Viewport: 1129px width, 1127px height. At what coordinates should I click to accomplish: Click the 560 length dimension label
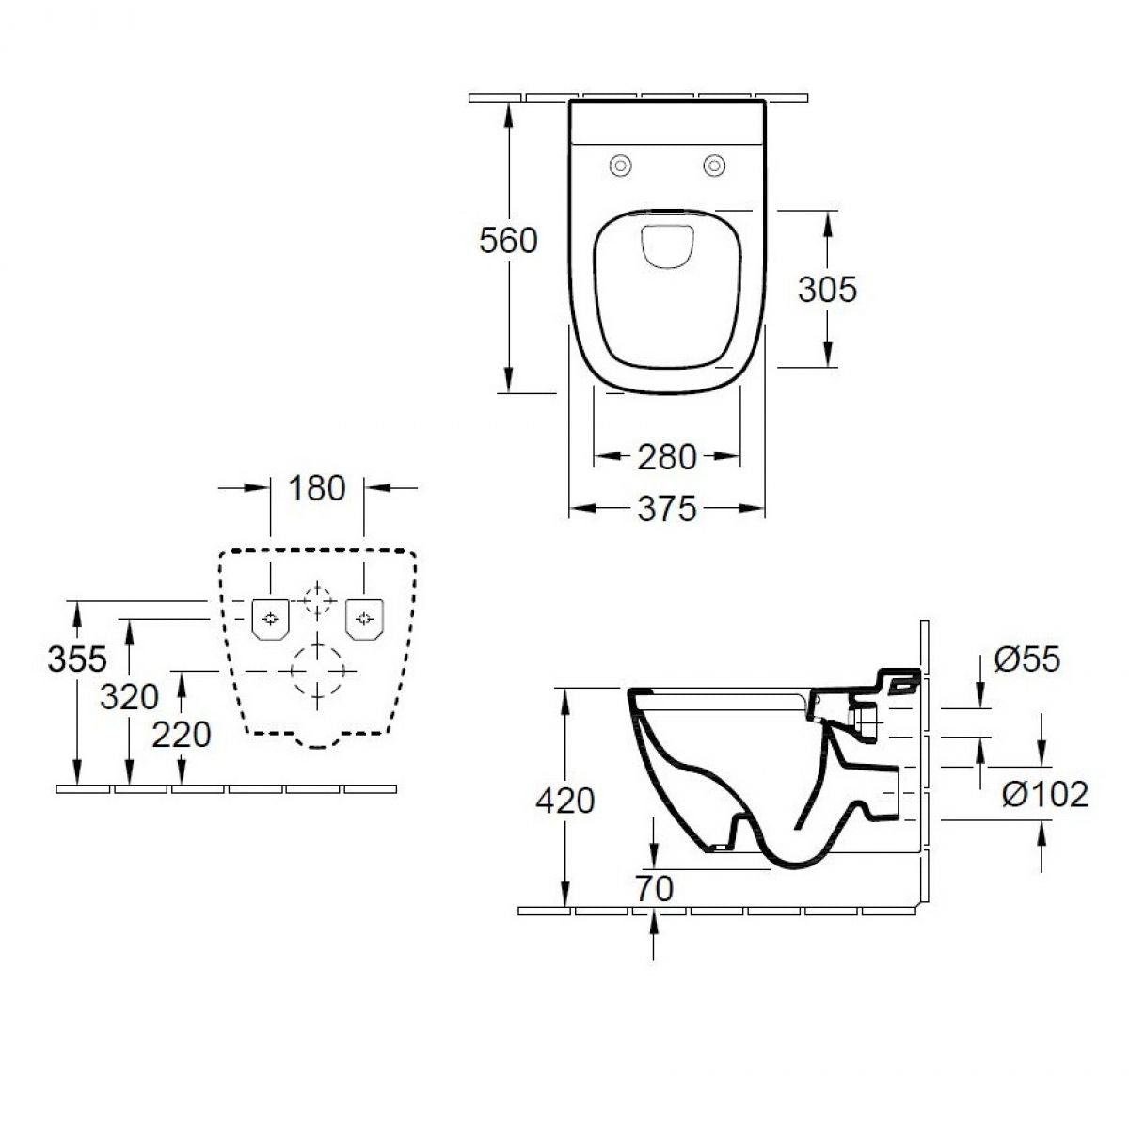pos(508,240)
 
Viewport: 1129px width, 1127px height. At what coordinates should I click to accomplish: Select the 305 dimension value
pos(827,290)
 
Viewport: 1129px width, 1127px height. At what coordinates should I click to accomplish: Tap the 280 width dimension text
pos(667,457)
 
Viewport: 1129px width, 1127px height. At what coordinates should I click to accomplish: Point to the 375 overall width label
pos(667,509)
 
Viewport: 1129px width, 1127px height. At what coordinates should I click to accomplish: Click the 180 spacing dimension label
pos(317,488)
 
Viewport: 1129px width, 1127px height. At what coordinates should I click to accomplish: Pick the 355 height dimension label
pos(77,659)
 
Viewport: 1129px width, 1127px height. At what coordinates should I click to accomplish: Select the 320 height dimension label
pos(130,697)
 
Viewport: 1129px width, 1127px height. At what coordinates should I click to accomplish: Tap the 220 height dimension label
pos(181,735)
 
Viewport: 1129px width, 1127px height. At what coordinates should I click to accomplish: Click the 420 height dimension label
pos(564,801)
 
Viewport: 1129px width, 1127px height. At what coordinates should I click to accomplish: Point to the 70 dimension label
pos(655,888)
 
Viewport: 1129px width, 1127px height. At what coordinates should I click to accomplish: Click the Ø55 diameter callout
pos(1027,659)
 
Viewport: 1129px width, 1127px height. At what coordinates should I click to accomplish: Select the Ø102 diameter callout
pos(1044,795)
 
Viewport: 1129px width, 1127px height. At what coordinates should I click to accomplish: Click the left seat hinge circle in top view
pos(620,166)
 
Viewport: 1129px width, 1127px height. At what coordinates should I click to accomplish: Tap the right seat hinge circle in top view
pos(713,166)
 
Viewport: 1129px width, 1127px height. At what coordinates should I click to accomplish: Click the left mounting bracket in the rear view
pos(270,619)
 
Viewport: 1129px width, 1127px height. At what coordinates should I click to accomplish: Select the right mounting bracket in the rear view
pos(364,619)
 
